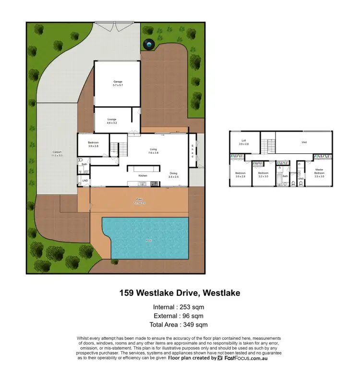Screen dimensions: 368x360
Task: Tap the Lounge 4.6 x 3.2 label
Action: [x=111, y=121]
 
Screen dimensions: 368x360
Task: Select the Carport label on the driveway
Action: [x=57, y=154]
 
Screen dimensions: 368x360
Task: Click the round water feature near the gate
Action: [x=149, y=45]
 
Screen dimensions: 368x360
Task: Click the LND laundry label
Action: [x=84, y=181]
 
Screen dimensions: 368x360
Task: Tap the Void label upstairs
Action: [x=304, y=142]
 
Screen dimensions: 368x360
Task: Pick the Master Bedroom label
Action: [x=319, y=172]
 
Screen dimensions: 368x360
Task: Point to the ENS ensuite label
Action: [x=301, y=178]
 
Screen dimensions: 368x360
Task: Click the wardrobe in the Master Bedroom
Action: [x=322, y=156]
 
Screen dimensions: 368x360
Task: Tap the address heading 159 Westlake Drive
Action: [x=180, y=292]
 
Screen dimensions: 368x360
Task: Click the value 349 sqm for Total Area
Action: [x=191, y=325]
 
